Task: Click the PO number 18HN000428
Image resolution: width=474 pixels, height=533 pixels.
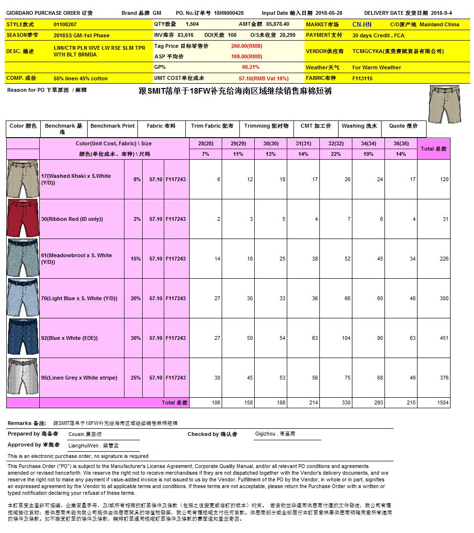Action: pos(229,13)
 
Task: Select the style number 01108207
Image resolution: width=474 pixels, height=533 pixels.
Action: pos(65,24)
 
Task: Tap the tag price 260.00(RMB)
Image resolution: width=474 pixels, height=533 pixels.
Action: pos(247,46)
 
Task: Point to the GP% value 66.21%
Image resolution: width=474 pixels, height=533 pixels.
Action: pos(250,67)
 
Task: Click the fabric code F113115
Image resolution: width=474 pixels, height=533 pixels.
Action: pos(362,78)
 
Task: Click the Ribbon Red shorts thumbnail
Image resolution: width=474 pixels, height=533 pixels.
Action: pos(23,219)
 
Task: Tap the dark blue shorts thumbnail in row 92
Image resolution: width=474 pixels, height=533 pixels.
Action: pos(23,338)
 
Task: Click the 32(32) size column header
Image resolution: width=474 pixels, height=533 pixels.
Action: pos(335,143)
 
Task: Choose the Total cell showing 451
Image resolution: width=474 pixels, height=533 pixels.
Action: pos(444,338)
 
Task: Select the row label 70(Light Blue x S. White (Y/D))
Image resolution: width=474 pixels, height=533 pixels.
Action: pos(79,298)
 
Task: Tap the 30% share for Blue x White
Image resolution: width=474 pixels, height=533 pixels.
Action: pos(135,338)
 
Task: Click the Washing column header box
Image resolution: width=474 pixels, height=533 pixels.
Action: pos(359,126)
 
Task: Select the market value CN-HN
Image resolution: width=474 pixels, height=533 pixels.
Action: pos(361,24)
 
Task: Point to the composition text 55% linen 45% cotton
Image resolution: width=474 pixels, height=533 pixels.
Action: pos(80,78)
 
